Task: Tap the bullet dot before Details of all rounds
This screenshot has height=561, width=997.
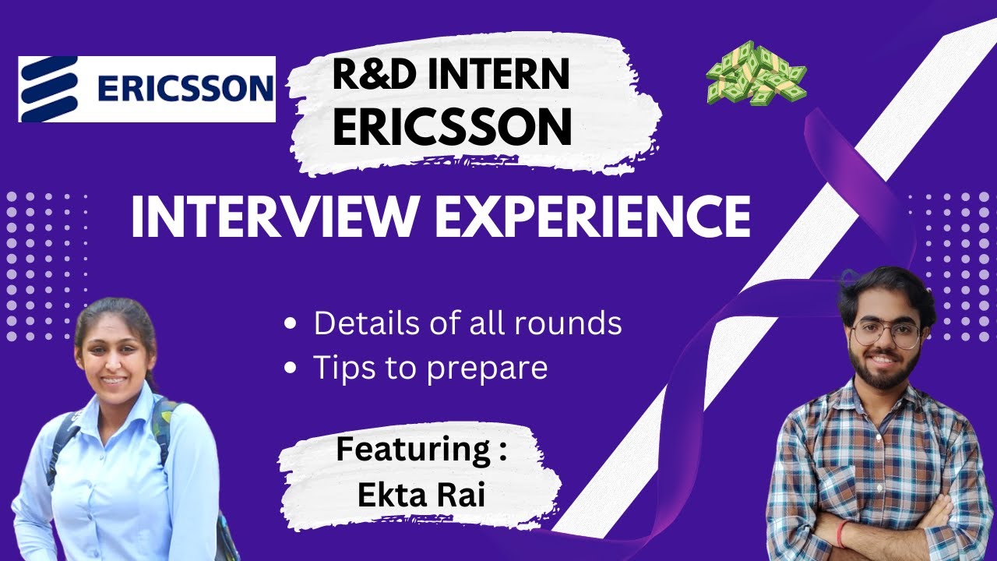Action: coord(291,324)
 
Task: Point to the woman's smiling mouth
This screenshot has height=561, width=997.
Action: coord(114,380)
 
